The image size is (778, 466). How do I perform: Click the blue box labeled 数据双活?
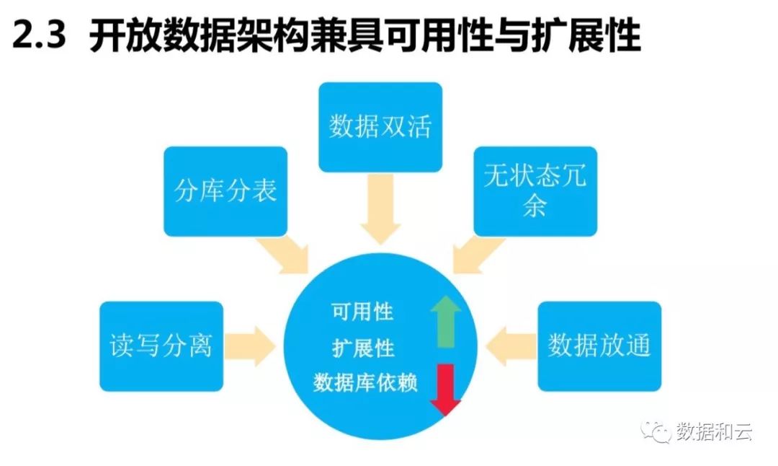[x=380, y=127]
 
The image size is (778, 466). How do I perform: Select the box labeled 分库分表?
[x=225, y=191]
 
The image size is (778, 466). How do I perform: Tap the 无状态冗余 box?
[x=535, y=191]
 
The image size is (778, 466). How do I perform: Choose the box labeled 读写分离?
[x=161, y=346]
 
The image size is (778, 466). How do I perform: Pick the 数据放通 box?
[x=599, y=346]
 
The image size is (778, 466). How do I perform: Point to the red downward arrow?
[x=446, y=390]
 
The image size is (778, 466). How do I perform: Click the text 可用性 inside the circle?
[x=362, y=312]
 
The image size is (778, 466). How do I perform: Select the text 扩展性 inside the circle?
[x=362, y=348]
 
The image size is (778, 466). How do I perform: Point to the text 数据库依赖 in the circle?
[x=366, y=382]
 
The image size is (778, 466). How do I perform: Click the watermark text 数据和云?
[x=714, y=432]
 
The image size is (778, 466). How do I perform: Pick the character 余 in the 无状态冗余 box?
[x=535, y=206]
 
